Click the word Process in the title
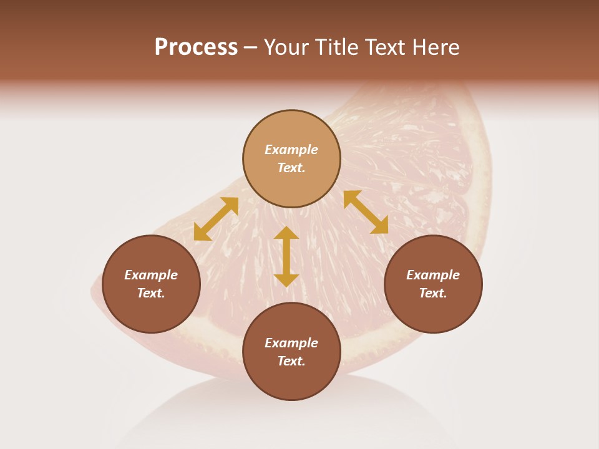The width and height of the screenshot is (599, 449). point(196,47)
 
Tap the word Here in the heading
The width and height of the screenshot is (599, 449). point(436,47)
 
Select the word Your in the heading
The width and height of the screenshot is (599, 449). point(288,47)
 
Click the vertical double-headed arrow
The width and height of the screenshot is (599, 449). point(286,256)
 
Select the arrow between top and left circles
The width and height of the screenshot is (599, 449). point(216,219)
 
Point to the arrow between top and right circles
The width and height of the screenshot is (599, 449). point(366,212)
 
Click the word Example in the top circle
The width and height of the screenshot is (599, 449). point(291,150)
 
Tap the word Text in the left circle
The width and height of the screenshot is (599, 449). point(151,293)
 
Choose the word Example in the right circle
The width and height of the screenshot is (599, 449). point(433,275)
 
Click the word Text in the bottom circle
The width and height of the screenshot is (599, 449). point(291,361)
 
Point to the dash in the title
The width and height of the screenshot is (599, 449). point(251,47)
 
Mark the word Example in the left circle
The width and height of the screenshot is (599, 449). point(151,275)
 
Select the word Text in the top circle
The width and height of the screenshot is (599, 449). point(291,168)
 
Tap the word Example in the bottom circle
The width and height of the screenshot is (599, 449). point(291,343)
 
